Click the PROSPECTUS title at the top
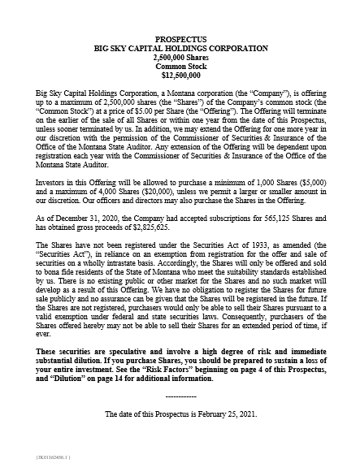180,38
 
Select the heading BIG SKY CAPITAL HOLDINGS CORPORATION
180,47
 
